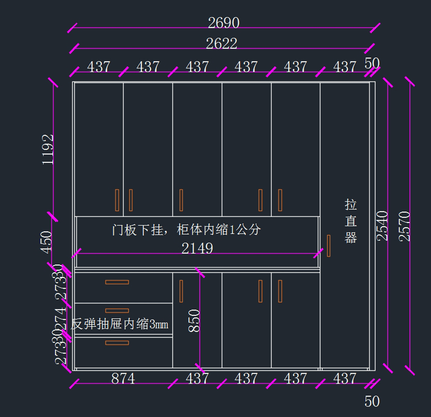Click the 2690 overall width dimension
coord(223,23)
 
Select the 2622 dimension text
coord(221,44)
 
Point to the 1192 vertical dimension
coord(48,149)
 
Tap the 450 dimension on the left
coord(46,242)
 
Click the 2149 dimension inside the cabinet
coord(197,248)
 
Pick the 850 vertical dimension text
coord(194,320)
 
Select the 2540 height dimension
coord(382,225)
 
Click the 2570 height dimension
coord(404,226)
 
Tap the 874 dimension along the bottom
coord(123,379)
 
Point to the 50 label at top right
coord(372,64)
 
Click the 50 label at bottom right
coord(372,402)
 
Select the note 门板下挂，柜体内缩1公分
coord(186,230)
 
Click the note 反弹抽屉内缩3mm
coord(120,324)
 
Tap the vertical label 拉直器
coord(351,221)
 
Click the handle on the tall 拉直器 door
coord(328,246)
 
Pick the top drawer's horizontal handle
coord(117,282)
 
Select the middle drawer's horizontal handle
coord(117,311)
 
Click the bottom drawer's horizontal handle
coord(117,343)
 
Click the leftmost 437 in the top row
coord(98,67)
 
